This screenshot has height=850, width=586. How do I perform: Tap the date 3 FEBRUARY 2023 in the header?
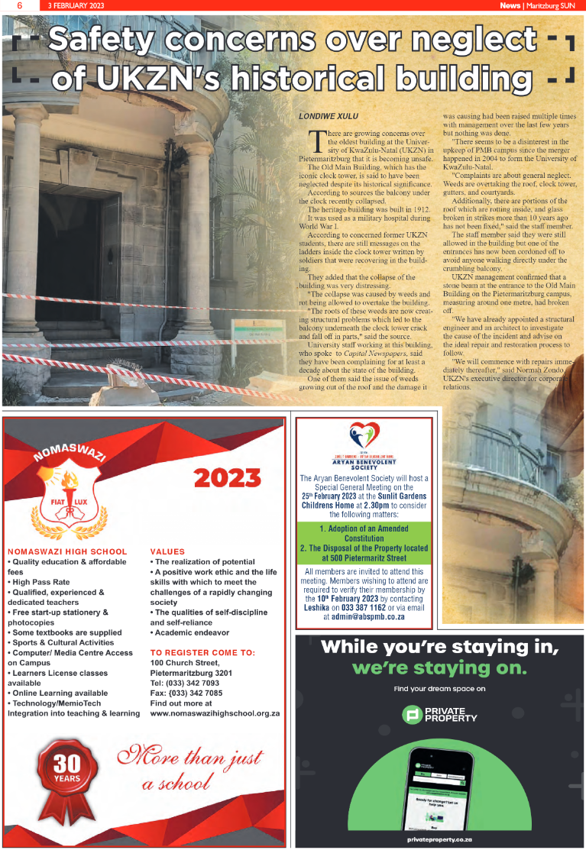click(x=76, y=5)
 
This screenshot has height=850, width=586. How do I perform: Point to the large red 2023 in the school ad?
click(x=227, y=478)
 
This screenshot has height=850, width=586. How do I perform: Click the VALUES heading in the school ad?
click(x=167, y=551)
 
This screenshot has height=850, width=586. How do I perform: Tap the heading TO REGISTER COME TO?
click(x=202, y=652)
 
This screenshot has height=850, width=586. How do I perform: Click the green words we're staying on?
click(x=439, y=669)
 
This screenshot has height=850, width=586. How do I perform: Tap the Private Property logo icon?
click(x=413, y=715)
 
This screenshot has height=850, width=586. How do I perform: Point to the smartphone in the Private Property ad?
click(x=439, y=787)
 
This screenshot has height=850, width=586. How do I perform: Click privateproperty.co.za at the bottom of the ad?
click(x=439, y=839)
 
